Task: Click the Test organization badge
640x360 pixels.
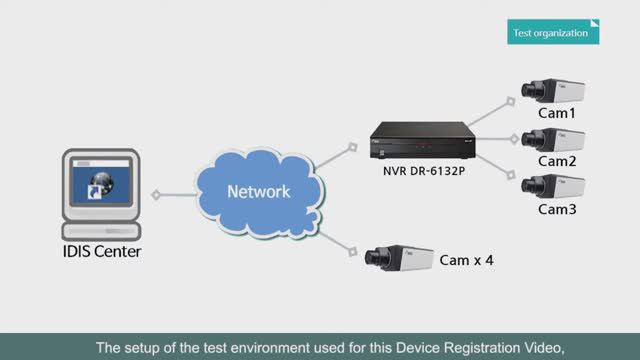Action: click(x=553, y=31)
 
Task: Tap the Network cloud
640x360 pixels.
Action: click(x=257, y=191)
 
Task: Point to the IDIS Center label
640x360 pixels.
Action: click(x=96, y=252)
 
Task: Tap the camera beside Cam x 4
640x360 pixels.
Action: click(x=399, y=257)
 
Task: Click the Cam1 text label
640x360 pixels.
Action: click(x=557, y=114)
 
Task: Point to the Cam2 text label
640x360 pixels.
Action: click(x=557, y=161)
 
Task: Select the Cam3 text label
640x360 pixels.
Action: click(x=557, y=209)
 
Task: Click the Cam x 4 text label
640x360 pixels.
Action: click(x=467, y=261)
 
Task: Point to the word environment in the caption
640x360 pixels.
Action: click(x=272, y=348)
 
